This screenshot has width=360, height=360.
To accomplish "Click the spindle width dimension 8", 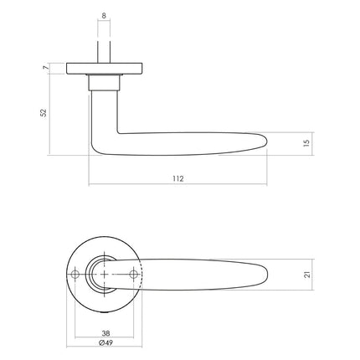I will tap(104, 15).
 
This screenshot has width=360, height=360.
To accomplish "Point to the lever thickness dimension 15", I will tap(307, 143).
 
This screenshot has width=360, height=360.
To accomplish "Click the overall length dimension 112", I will tap(177, 177).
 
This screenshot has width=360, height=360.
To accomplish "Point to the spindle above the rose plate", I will tap(104, 49).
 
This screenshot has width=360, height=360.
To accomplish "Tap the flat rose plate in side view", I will tap(104, 68).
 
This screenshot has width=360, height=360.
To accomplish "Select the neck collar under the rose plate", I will tap(104, 81).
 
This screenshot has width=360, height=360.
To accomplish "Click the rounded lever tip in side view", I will tap(265, 143).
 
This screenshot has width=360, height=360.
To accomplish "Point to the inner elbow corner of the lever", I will tap(118, 131).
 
